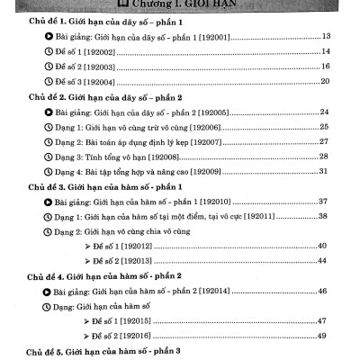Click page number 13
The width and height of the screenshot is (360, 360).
pos(326,36)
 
